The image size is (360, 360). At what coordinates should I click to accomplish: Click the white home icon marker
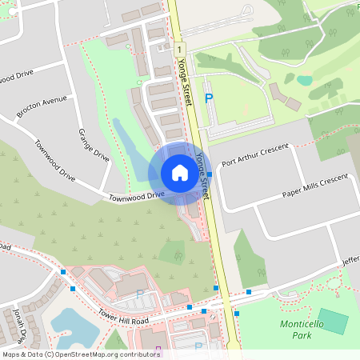point(180,174)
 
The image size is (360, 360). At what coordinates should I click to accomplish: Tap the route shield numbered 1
point(181,50)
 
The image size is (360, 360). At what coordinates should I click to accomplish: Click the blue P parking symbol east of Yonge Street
point(209,98)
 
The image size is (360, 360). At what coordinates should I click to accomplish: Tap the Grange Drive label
point(93,143)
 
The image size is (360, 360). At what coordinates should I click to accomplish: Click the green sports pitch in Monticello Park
point(333,322)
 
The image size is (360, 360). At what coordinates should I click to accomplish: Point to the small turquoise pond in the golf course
point(305,79)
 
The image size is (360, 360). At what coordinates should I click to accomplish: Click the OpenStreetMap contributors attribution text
point(80,354)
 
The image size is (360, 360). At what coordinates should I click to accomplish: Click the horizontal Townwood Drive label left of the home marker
point(136,195)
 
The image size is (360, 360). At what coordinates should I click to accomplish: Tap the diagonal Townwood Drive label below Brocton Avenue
point(54,160)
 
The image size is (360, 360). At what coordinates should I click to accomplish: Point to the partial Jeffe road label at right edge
point(350,260)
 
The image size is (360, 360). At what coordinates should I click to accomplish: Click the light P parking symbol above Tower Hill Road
point(141,294)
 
